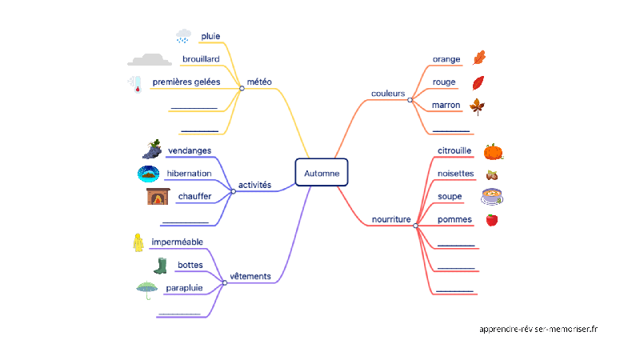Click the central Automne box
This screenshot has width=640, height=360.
click(x=322, y=173)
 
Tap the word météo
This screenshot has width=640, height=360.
click(x=259, y=82)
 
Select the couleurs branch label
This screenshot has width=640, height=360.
click(x=388, y=93)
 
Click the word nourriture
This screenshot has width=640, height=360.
click(x=391, y=219)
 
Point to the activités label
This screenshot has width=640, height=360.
click(x=255, y=185)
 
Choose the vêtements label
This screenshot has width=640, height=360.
click(x=250, y=277)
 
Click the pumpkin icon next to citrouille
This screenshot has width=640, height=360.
click(x=493, y=151)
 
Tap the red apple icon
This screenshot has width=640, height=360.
click(x=492, y=220)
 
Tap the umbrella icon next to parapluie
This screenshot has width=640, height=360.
click(x=146, y=290)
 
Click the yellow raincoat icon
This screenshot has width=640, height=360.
click(x=138, y=242)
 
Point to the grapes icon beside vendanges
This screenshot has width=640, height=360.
click(x=151, y=148)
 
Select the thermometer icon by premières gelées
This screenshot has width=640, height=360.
click(x=134, y=84)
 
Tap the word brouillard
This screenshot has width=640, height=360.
click(x=201, y=58)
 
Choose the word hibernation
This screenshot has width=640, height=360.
click(x=189, y=173)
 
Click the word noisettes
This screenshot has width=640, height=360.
click(x=455, y=174)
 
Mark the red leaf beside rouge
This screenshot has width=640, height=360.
click(x=478, y=82)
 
